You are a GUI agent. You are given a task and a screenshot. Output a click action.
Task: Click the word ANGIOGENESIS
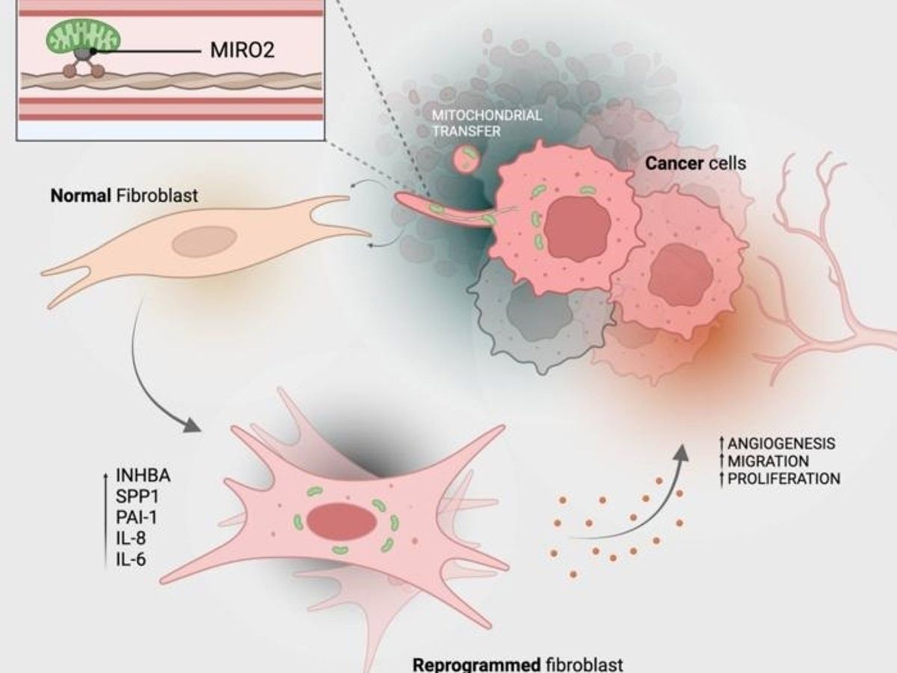(x=776, y=444)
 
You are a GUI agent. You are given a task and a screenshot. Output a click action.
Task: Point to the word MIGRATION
(x=765, y=461)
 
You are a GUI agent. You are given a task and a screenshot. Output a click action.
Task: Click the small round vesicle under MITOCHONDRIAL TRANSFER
(x=468, y=158)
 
